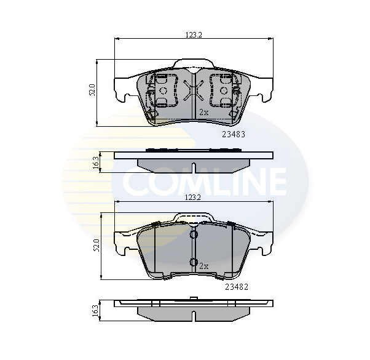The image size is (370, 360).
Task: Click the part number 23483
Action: coord(234,134)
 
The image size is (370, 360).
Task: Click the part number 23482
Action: coord(237,287)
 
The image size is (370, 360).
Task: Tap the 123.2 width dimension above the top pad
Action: coord(194,35)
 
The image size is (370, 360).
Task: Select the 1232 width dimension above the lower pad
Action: coord(193,198)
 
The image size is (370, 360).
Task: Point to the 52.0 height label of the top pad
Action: coord(92,90)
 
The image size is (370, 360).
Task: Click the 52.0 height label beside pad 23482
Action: coord(96,245)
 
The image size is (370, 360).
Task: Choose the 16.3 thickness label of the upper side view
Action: coord(96,162)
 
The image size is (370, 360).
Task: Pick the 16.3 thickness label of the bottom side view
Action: coord(96,311)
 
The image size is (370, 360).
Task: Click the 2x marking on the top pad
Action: coord(204,112)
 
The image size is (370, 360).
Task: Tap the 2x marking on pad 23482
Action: coord(204,266)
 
